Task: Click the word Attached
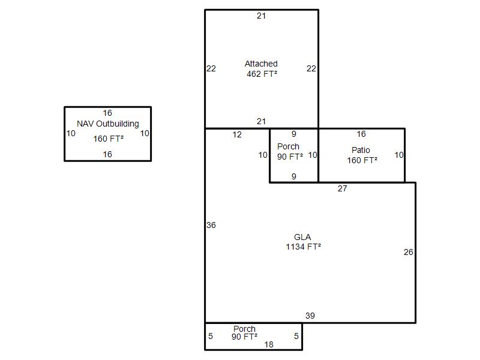click(x=261, y=64)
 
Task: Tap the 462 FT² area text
click(x=262, y=74)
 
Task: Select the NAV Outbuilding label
click(x=108, y=124)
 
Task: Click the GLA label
click(x=302, y=237)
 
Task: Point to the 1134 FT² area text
click(x=304, y=247)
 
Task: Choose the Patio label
click(x=361, y=150)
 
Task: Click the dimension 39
click(x=310, y=316)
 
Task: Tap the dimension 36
click(x=211, y=226)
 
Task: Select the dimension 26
click(x=409, y=252)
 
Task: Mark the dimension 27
click(x=343, y=188)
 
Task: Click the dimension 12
click(x=237, y=134)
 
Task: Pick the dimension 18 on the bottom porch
click(x=269, y=344)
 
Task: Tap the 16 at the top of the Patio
click(x=361, y=134)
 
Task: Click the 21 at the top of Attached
click(x=261, y=16)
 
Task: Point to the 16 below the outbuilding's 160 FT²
click(x=107, y=154)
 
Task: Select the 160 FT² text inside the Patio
click(x=362, y=160)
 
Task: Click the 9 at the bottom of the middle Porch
click(x=294, y=176)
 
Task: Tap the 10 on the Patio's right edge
click(x=399, y=155)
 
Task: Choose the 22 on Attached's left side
click(x=211, y=68)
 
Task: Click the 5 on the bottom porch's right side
click(x=296, y=336)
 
